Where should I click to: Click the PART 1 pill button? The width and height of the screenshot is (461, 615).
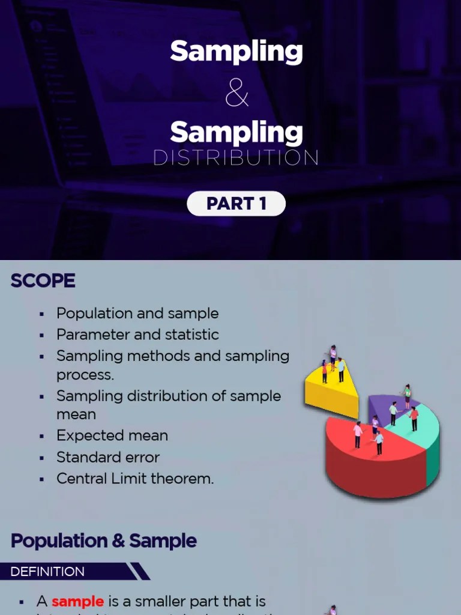tap(236, 204)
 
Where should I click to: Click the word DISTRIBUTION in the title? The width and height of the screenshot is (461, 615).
tap(236, 157)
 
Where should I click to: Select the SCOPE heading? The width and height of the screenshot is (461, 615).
tap(43, 281)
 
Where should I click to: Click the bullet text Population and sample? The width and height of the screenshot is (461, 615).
tap(137, 314)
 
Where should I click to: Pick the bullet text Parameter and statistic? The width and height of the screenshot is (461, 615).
tap(137, 335)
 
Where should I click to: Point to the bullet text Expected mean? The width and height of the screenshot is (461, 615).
tap(112, 435)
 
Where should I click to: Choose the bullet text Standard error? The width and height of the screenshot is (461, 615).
tap(108, 457)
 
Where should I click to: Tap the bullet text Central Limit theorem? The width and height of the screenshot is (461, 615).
tap(135, 479)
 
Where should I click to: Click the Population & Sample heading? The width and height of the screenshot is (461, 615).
tap(104, 541)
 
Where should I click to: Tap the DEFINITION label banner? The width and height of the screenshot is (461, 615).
tap(48, 572)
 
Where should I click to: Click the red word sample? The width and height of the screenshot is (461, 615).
tap(77, 601)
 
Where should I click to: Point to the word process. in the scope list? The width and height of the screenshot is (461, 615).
tap(85, 374)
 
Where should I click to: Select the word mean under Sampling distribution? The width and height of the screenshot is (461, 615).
tap(76, 414)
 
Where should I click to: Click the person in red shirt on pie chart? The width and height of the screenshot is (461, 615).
tap(414, 418)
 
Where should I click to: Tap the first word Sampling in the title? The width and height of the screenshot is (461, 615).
tap(236, 52)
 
